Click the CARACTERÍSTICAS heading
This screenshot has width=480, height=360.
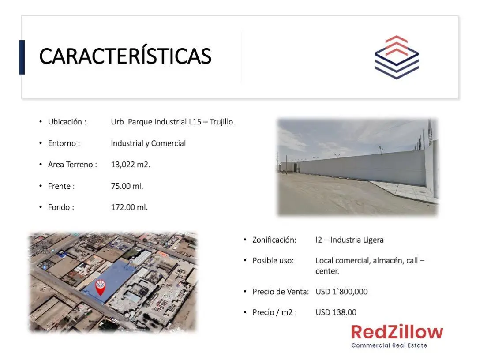[x=125, y=56]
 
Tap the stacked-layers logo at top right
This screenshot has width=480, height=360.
[x=397, y=57]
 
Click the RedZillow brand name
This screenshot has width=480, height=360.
[x=397, y=332]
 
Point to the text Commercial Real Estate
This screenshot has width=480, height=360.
[x=389, y=345]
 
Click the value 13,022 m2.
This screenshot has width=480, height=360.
[x=131, y=165]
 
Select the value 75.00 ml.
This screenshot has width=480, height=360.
[x=127, y=186]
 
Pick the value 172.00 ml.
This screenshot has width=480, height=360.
[x=129, y=207]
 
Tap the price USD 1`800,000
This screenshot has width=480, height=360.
[x=341, y=292]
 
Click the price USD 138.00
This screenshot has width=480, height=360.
[x=336, y=312]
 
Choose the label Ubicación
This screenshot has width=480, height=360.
[x=65, y=122]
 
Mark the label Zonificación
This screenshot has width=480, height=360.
[x=274, y=240]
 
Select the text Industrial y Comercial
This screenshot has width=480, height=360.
[x=148, y=143]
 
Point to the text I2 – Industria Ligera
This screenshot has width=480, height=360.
[x=349, y=240]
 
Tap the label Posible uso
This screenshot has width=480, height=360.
[x=273, y=260]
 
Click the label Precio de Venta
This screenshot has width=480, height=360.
[x=280, y=292]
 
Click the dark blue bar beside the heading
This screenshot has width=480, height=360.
[x=22, y=57]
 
